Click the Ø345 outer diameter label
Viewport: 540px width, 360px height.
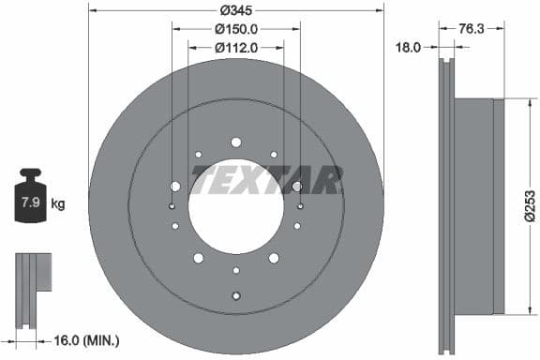pos(235,10)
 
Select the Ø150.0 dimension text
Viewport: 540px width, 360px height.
pos(235,29)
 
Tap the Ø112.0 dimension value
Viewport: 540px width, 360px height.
pos(235,47)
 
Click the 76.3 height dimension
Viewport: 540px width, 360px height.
pos(472,29)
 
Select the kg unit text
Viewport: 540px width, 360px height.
pos(57,202)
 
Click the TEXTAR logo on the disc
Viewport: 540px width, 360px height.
pos(266,177)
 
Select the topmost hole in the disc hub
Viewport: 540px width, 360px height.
pos(235,142)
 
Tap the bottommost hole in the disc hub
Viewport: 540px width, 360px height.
pos(235,296)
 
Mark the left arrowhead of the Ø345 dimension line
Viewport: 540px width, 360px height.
pos(91,10)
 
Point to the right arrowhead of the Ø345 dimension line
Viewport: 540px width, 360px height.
pos(381,10)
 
